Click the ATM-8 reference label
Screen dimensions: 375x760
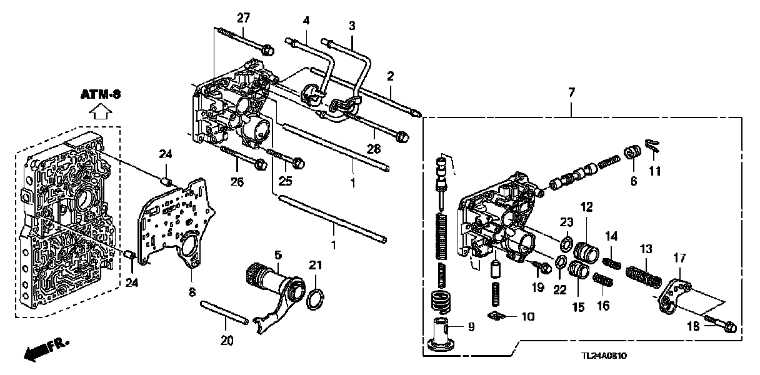(100, 95)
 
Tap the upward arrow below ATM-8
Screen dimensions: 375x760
(100, 112)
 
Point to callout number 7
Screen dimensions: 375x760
(571, 92)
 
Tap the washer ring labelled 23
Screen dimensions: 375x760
(567, 242)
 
